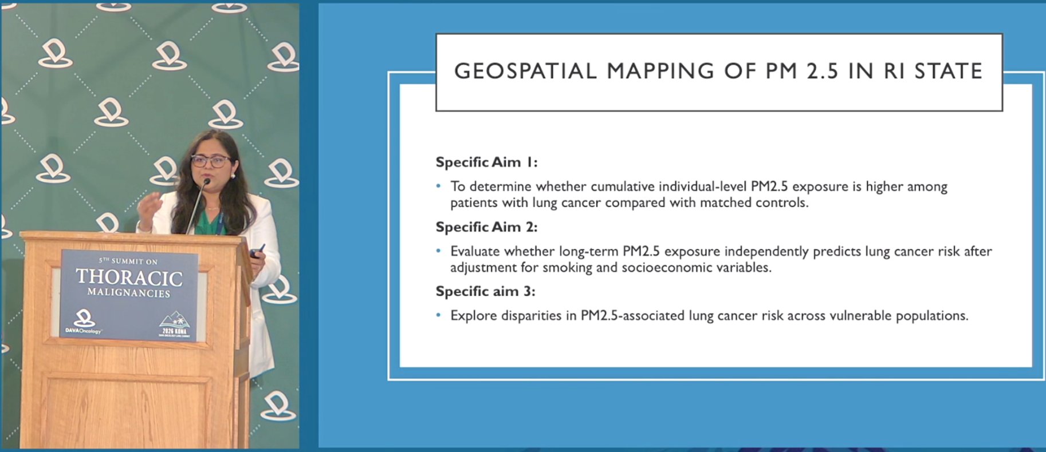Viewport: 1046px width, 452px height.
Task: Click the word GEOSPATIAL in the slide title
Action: tap(526, 71)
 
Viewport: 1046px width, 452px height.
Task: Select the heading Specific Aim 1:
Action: tap(486, 162)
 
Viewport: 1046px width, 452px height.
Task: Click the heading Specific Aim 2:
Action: tap(486, 227)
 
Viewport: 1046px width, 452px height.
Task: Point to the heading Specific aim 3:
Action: tap(485, 291)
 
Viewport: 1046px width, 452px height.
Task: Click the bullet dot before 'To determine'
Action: tap(439, 186)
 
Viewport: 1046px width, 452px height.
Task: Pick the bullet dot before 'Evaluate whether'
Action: tap(439, 251)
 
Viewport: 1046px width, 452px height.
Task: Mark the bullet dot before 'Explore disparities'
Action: tap(439, 315)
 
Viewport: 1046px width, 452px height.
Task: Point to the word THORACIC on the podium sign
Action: tap(129, 277)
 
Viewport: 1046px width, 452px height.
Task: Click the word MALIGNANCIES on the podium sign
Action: tap(129, 293)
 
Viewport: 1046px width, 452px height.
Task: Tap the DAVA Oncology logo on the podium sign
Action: tap(84, 322)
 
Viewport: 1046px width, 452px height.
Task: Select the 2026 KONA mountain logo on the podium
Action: tap(175, 324)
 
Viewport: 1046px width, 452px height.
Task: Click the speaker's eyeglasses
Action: tap(210, 161)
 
